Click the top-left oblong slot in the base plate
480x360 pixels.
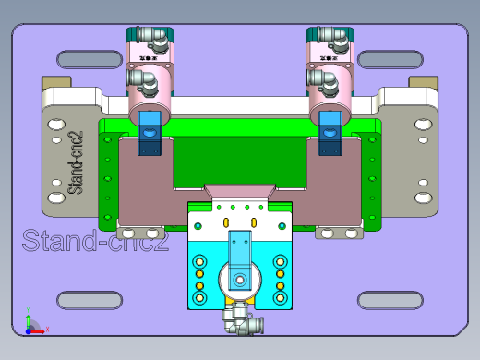pos(90,60)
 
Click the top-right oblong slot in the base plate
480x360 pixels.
pos(389,60)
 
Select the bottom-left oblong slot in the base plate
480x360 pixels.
pos(90,300)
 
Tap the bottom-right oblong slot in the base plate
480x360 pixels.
pos(389,300)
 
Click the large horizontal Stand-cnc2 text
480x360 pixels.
pos(95,243)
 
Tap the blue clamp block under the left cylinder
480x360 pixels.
pos(148,133)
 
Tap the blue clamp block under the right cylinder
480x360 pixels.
pos(329,133)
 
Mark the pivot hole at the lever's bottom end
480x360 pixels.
pos(239,276)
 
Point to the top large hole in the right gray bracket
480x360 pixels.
pos(422,122)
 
